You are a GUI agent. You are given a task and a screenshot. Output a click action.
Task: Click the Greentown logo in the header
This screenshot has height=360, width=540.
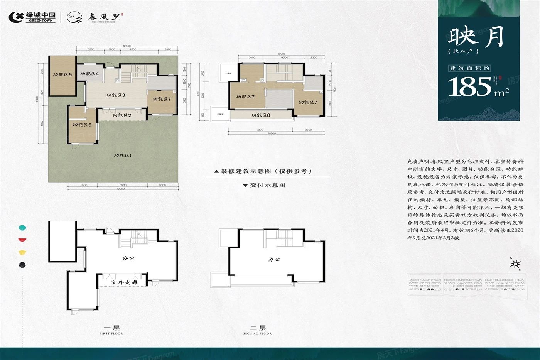(32, 17)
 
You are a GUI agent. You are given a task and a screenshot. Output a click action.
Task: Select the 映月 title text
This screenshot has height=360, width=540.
(476, 37)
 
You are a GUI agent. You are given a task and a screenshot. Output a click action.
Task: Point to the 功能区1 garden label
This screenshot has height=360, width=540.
(123, 155)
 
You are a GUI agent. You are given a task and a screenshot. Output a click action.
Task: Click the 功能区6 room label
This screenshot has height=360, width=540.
(62, 74)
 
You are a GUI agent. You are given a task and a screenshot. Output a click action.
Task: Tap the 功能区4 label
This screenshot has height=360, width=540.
(89, 73)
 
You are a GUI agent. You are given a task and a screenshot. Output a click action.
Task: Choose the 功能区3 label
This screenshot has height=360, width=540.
(116, 95)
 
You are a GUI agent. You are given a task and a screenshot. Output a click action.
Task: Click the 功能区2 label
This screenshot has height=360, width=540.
(122, 115)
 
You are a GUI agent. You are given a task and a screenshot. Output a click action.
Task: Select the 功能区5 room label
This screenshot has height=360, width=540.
(82, 125)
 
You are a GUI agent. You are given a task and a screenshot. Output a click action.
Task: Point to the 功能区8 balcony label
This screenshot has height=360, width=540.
(261, 115)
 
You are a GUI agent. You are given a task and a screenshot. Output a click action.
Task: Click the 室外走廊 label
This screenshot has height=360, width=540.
(124, 282)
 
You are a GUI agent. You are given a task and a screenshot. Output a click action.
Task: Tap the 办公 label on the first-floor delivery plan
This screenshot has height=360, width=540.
(128, 257)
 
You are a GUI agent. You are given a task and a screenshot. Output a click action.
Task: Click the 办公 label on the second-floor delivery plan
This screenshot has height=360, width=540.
(274, 260)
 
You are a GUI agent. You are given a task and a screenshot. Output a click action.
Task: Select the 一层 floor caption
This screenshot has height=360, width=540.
(111, 328)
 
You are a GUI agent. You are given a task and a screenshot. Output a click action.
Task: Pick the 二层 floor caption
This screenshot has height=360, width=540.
(257, 328)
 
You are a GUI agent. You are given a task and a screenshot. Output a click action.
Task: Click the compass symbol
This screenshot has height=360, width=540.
(515, 264)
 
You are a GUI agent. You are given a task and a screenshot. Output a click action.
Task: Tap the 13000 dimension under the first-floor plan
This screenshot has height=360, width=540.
(121, 189)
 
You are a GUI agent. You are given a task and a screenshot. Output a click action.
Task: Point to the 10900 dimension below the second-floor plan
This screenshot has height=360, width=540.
(272, 133)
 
